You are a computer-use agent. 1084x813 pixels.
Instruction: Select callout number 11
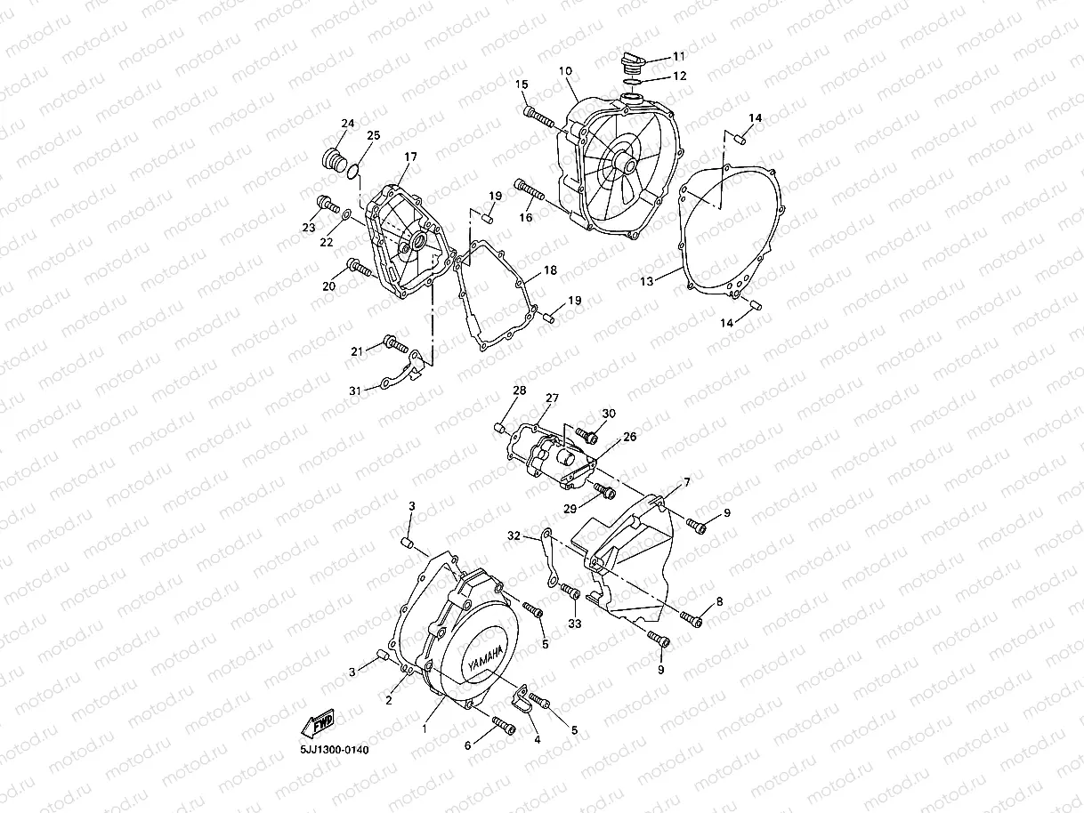click(x=679, y=55)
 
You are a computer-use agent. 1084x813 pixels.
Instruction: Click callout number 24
click(x=348, y=124)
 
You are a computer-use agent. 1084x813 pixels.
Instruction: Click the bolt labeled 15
click(x=537, y=115)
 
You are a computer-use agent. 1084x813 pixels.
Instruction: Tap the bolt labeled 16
click(x=529, y=189)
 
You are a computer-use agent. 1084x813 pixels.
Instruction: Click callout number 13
click(x=647, y=281)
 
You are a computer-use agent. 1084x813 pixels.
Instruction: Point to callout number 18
click(x=550, y=270)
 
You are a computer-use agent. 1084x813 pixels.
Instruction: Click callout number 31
click(x=355, y=390)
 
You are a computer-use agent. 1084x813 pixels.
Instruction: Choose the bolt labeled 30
click(x=586, y=434)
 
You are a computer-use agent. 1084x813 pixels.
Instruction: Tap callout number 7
click(x=686, y=482)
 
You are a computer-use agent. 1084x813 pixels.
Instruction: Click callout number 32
click(x=514, y=536)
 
